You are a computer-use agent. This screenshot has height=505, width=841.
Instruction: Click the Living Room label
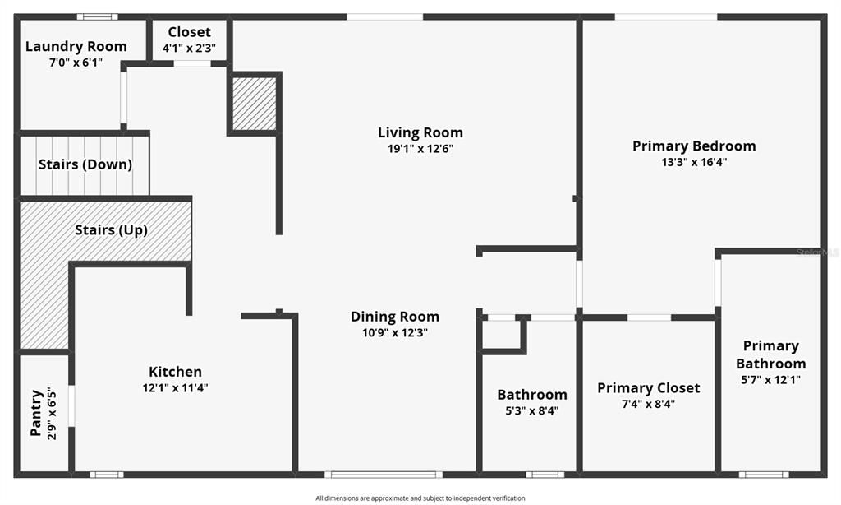[420, 132]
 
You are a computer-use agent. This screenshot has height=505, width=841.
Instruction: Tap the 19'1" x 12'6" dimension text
[420, 149]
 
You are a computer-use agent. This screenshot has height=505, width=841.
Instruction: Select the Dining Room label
[394, 317]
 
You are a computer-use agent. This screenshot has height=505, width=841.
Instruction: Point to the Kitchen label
[175, 372]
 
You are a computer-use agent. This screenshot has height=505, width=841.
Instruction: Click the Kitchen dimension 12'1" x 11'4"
[175, 388]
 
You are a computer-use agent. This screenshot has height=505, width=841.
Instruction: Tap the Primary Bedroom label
[693, 146]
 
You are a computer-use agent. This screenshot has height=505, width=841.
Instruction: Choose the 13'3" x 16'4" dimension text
[693, 162]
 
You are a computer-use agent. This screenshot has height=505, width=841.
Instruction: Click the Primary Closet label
[648, 387]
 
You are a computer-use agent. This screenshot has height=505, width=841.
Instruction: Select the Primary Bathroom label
[770, 354]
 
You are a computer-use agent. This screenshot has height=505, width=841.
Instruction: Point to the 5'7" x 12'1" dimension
[770, 380]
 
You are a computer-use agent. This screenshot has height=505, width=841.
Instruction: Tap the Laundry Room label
[76, 46]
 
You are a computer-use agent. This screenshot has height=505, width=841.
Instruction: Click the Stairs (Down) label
[85, 164]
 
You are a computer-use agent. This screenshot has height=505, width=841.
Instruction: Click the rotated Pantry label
[36, 412]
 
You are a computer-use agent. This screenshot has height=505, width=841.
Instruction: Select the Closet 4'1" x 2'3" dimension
[189, 49]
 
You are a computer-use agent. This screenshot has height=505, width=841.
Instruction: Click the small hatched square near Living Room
[255, 104]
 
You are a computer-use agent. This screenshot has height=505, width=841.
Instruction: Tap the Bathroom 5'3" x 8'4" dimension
[531, 411]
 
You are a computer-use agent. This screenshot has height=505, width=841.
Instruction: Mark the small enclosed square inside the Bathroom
[501, 335]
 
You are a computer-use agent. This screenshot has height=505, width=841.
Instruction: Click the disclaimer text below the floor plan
[420, 498]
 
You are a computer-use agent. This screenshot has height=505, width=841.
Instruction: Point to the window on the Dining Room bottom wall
[384, 474]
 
